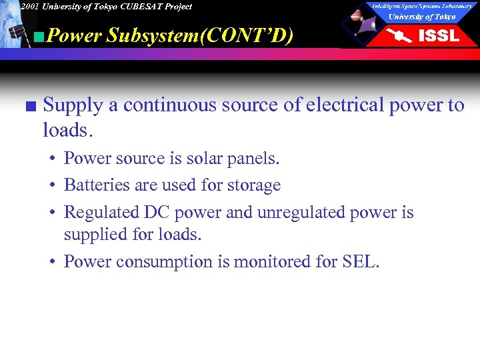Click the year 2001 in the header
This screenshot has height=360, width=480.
(x=29, y=7)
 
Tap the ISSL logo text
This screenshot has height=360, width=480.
(x=438, y=35)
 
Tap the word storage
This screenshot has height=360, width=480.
(x=254, y=185)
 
